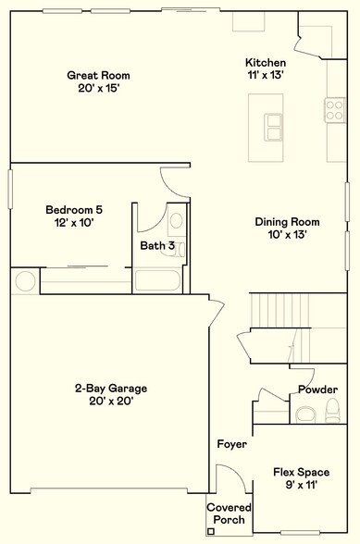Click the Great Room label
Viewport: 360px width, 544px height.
pos(97,75)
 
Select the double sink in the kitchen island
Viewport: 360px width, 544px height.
pos(272,125)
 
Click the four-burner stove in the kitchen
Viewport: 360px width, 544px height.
pos(334,112)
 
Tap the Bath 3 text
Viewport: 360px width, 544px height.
pos(156,245)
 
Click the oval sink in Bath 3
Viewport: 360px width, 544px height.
pos(176,220)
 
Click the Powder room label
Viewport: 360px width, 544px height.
pos(317,389)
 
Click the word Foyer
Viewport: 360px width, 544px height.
pos(231,444)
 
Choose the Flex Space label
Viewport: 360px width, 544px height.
pos(301,472)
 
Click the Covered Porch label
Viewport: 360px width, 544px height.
pos(227,513)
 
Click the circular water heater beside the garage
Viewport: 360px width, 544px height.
pos(25,281)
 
